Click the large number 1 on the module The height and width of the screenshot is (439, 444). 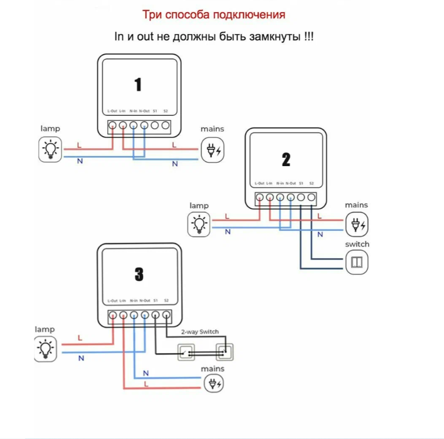[138, 85]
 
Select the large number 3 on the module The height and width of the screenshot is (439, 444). [139, 274]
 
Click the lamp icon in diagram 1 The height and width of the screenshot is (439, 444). [51, 149]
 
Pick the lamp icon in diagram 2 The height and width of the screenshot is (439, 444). [199, 224]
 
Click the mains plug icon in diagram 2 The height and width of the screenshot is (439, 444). [357, 224]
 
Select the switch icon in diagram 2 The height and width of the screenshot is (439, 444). [357, 262]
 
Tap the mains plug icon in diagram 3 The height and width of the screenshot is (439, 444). [214, 384]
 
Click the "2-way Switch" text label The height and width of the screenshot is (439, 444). [199, 332]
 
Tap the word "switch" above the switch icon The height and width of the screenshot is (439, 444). [357, 244]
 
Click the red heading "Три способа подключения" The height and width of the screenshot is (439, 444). [214, 14]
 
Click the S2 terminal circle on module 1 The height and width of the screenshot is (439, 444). [166, 126]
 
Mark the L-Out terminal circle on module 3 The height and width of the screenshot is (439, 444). [113, 315]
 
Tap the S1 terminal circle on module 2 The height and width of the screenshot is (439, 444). [301, 198]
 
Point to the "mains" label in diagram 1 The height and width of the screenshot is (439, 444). [212, 129]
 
